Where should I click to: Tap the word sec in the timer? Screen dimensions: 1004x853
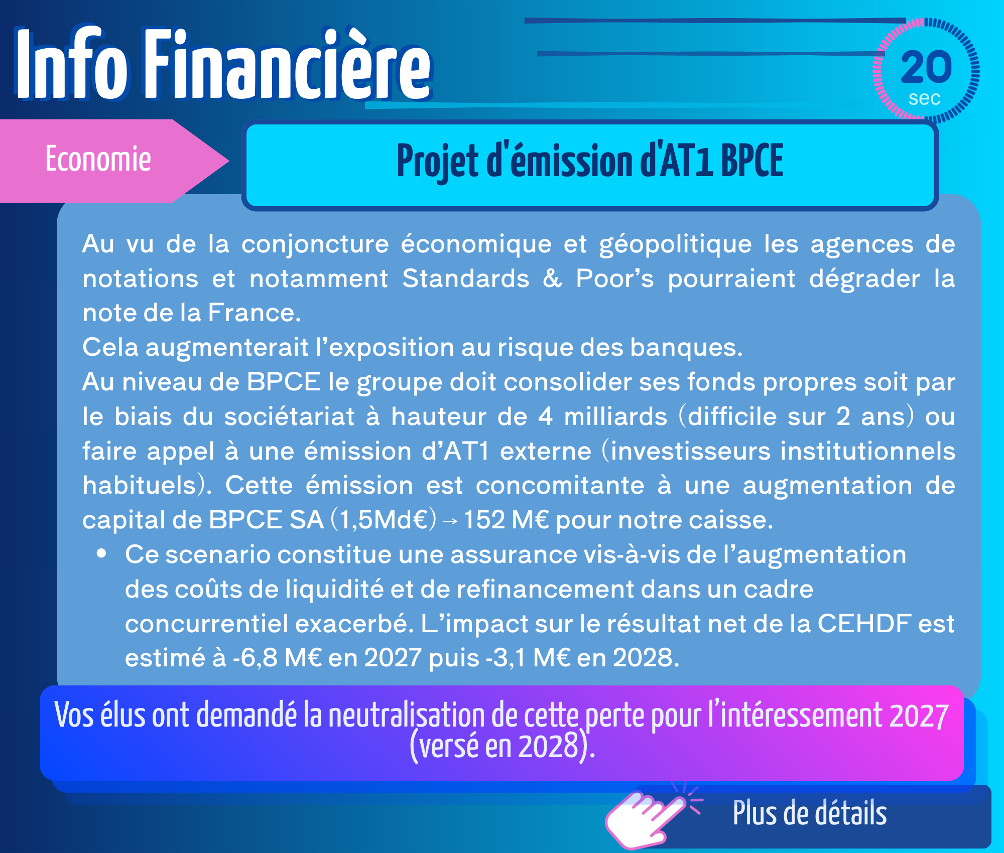[x=925, y=98]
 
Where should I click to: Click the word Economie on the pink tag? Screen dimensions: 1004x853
[x=98, y=159]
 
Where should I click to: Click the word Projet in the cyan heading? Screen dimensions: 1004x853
[x=437, y=162]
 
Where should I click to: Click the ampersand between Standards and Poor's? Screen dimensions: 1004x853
[x=553, y=278]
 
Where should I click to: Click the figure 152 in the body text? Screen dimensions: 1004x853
[x=484, y=520]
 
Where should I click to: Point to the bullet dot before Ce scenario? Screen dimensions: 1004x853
[x=102, y=553]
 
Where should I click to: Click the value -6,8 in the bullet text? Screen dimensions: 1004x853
[x=255, y=658]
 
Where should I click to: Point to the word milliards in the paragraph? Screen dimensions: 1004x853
[x=615, y=416]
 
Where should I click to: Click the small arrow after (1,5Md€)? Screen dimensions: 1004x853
[x=450, y=522]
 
